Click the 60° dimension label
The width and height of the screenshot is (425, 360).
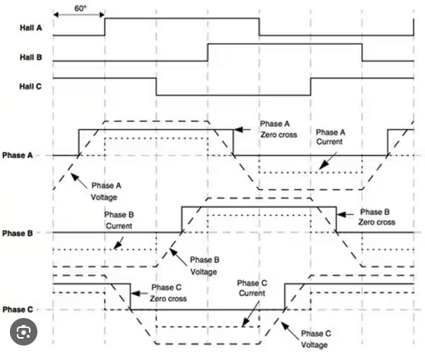80,8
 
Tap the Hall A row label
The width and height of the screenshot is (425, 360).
31,27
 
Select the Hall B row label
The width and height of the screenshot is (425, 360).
31,57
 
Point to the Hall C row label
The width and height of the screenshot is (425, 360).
31,86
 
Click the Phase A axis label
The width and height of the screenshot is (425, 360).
18,156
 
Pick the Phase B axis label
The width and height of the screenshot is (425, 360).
18,233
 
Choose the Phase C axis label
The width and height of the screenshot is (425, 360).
18,310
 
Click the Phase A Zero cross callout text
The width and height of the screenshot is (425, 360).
279,129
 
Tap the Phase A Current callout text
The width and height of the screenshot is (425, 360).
330,137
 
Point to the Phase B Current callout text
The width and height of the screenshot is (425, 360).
119,220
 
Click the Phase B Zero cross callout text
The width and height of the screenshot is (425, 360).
377,217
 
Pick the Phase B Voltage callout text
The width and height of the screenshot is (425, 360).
204,265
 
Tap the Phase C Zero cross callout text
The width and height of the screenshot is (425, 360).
169,293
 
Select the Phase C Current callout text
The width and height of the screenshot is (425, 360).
252,288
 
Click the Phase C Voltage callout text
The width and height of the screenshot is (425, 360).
316,339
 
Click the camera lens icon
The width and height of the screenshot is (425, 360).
24,332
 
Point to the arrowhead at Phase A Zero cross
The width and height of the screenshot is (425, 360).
238,130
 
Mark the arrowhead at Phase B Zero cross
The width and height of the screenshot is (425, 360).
342,214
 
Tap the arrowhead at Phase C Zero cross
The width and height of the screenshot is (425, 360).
136,294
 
